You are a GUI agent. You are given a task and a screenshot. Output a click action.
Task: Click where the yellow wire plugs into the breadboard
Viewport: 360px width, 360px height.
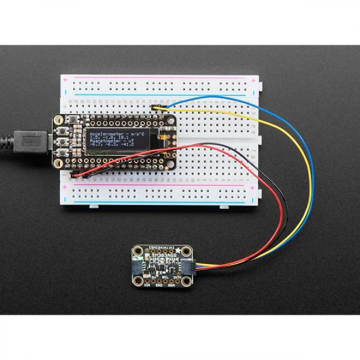[x=157, y=107]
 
